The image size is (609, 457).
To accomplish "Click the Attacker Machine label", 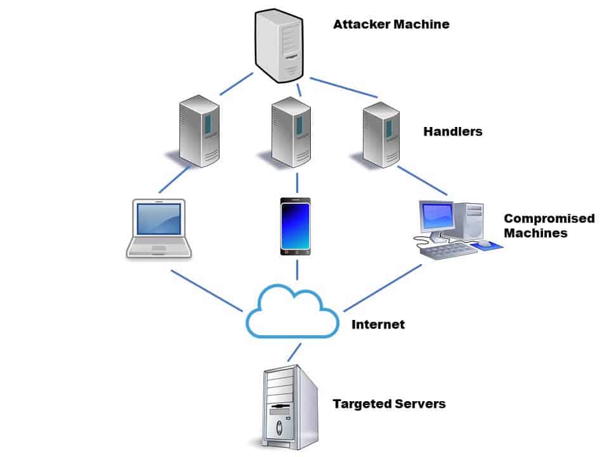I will click(x=391, y=25).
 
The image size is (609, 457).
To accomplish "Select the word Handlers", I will click(x=453, y=132).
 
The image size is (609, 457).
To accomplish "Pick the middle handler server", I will click(x=291, y=131).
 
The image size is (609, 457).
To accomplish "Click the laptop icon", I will click(x=159, y=228).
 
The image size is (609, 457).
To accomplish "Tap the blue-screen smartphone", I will click(x=296, y=227).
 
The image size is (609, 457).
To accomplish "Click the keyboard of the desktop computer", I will click(x=448, y=251).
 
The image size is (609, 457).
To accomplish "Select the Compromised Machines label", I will click(x=549, y=226).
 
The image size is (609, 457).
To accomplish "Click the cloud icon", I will click(x=291, y=313).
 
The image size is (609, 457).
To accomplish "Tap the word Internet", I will click(x=378, y=324).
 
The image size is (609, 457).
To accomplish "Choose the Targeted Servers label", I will click(x=390, y=404).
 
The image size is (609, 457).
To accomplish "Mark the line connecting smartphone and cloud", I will click(x=296, y=269).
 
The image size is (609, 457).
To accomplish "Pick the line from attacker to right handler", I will click(x=344, y=88).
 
